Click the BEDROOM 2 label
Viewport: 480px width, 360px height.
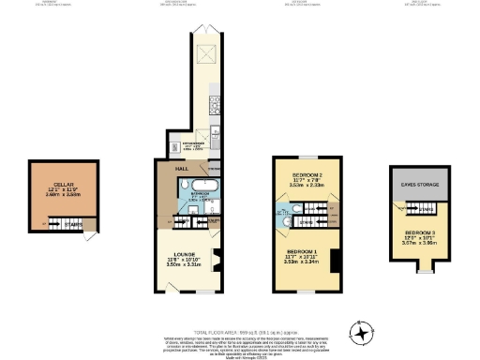[x=307, y=176]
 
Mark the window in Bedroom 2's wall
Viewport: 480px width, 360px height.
[x=307, y=157]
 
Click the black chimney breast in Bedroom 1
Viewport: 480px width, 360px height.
[x=335, y=260]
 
